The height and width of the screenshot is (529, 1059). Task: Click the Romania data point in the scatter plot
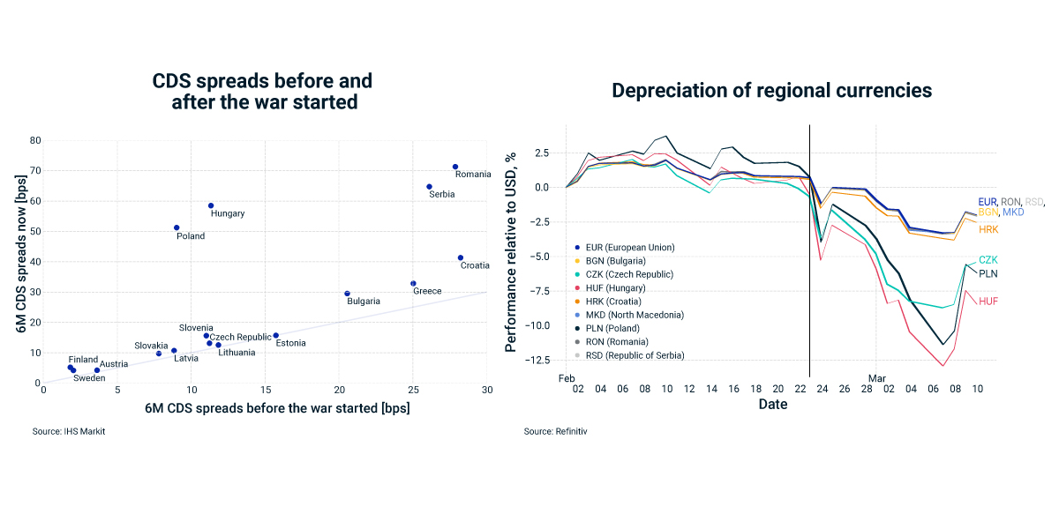click(x=455, y=167)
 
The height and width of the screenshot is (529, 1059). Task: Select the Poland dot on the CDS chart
click(x=176, y=227)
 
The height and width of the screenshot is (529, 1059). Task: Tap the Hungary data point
click(x=211, y=205)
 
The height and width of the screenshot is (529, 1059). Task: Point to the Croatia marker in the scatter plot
click(x=461, y=257)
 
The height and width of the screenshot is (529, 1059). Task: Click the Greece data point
click(x=413, y=284)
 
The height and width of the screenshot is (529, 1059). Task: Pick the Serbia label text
click(x=442, y=194)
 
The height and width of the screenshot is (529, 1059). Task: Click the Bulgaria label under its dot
click(x=364, y=302)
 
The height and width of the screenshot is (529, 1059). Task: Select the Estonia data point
click(x=276, y=335)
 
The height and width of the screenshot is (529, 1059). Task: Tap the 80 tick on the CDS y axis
click(x=35, y=140)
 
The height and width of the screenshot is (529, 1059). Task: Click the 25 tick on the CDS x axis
click(x=412, y=390)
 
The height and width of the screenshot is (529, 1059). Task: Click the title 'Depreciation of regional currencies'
click(x=771, y=90)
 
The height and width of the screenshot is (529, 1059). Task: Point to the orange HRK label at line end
click(x=988, y=229)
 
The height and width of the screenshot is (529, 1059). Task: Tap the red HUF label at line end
click(x=988, y=302)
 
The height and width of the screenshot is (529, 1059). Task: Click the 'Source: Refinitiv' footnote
click(x=555, y=431)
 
